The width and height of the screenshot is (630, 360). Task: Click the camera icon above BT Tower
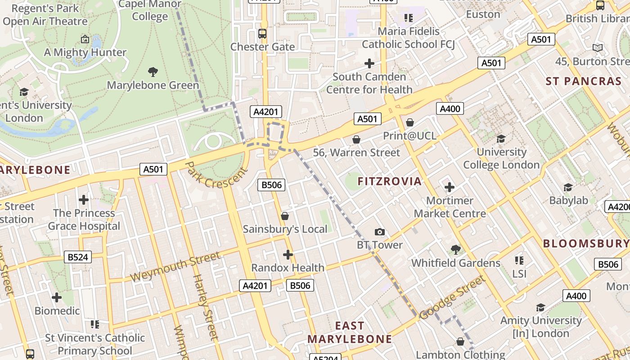380,232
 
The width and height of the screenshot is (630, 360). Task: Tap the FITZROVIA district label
390,181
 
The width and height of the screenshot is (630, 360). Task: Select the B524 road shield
78,257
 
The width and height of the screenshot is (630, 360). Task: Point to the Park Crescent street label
216,175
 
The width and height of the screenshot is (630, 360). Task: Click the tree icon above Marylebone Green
153,72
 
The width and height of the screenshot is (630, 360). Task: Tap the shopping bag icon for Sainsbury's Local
285,216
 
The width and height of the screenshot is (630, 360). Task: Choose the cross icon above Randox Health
288,255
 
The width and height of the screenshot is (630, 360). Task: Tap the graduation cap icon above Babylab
568,187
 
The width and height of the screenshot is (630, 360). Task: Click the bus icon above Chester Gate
262,33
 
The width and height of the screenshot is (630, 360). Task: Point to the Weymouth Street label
176,267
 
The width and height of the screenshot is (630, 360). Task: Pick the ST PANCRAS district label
583,81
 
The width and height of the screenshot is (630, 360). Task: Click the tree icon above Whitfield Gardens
456,249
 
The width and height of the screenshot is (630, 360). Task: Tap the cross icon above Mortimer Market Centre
449,187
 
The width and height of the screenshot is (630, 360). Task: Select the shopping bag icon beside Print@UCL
410,122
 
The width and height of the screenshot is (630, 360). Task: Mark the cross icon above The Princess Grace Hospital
84,200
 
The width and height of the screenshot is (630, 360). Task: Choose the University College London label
501,158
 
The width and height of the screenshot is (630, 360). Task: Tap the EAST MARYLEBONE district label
350,332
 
